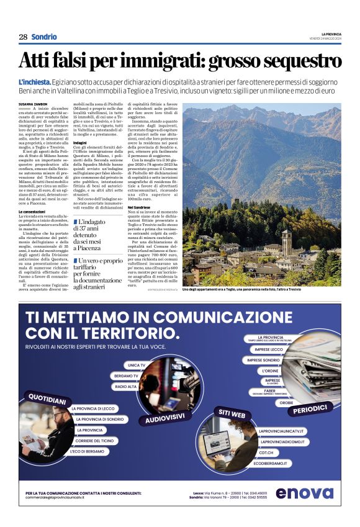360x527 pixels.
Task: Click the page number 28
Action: tap(22, 37)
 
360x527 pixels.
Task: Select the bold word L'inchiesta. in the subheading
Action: tap(35, 83)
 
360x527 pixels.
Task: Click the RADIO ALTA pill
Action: tap(126, 387)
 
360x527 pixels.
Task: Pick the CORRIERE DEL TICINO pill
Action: tap(95, 440)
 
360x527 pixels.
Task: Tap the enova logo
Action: tap(304, 493)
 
